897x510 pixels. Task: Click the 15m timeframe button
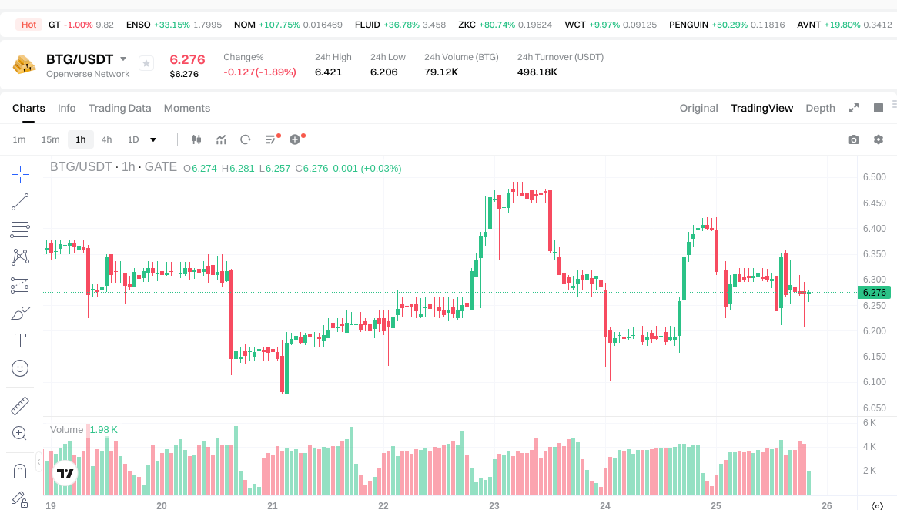[50, 139]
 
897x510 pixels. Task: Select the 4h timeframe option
[106, 139]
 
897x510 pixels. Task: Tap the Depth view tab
[820, 108]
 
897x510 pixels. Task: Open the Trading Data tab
[119, 108]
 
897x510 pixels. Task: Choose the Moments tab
[186, 108]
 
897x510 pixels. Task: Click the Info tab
[67, 108]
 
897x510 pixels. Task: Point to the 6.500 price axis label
[874, 177]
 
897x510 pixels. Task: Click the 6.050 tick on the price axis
[874, 408]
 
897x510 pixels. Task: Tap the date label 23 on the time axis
[494, 506]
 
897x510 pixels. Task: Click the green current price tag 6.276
[874, 293]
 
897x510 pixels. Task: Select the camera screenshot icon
[853, 139]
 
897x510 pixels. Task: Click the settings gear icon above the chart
[878, 139]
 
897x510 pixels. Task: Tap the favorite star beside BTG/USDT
[146, 64]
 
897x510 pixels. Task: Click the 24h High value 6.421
[328, 72]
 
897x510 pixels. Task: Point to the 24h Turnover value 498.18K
[537, 72]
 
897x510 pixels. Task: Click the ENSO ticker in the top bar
[139, 25]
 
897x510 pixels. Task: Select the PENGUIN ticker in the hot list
[688, 25]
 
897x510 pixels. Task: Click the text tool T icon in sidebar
[20, 340]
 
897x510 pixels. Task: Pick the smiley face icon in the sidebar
[20, 368]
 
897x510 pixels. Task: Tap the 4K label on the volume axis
[869, 447]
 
